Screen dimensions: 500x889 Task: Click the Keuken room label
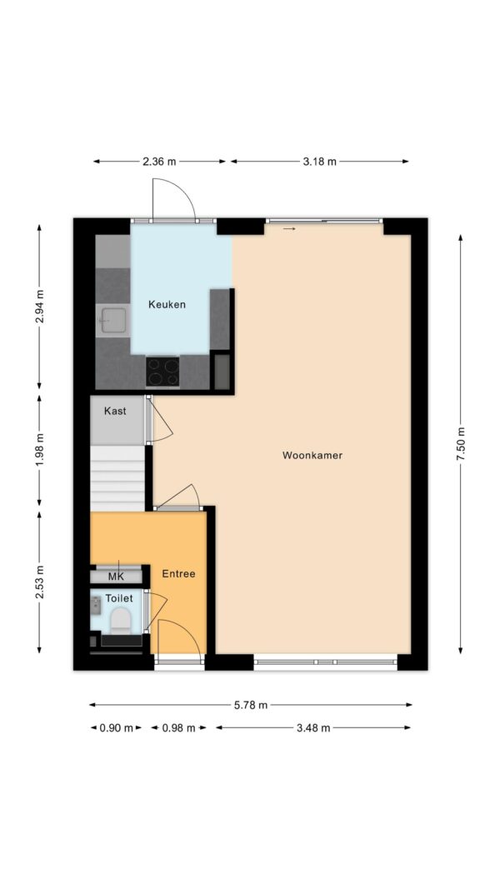[x=167, y=304]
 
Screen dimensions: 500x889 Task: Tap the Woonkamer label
[x=312, y=455]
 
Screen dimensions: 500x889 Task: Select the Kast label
[x=115, y=411]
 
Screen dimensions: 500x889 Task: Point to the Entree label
[x=178, y=574]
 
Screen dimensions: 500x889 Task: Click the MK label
[x=116, y=577]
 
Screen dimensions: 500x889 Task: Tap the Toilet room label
[x=119, y=598]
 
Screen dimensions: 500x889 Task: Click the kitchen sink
[x=112, y=321]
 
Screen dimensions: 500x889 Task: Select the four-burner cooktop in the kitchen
[x=162, y=372]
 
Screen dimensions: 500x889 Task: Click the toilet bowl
[x=120, y=621]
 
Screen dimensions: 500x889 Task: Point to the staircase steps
[x=117, y=478]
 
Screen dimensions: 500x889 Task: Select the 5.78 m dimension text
[x=251, y=706]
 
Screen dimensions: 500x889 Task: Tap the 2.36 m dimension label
[x=159, y=162]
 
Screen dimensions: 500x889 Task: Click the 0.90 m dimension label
[x=116, y=728]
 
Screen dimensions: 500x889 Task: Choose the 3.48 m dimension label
[x=313, y=728]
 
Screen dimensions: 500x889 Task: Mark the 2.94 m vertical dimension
[x=39, y=306]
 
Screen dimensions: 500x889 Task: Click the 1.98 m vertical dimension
[x=39, y=452]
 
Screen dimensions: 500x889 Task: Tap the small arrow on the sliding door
[x=290, y=229]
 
